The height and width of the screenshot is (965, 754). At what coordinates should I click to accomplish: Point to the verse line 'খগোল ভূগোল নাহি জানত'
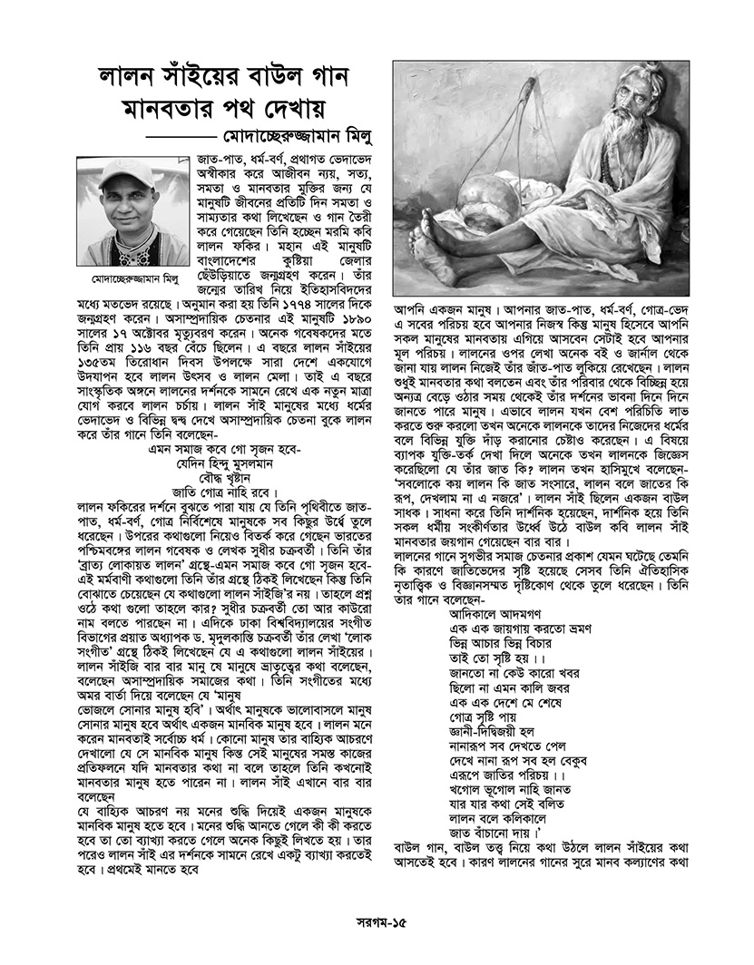pyautogui.click(x=514, y=801)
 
